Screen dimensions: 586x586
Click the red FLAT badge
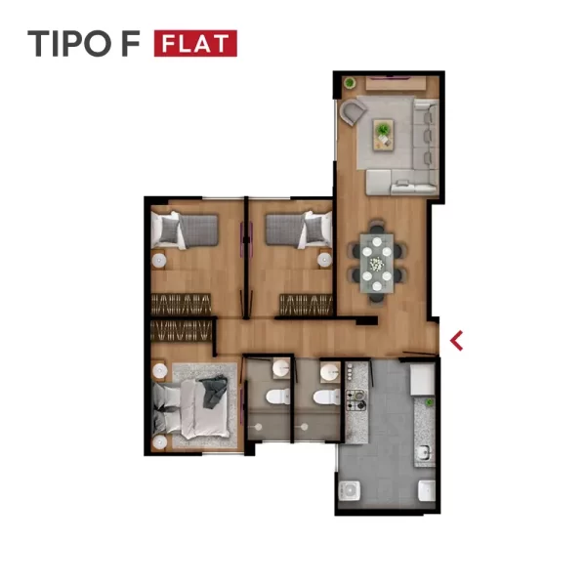(195, 43)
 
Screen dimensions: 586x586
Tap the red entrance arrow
(457, 341)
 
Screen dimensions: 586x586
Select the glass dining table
(377, 263)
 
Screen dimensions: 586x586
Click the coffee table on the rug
(383, 135)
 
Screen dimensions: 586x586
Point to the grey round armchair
(352, 111)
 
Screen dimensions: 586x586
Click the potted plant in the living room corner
(350, 83)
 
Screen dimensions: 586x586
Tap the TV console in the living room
(396, 83)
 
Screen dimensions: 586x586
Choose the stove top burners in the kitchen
(356, 400)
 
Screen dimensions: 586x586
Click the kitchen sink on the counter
(424, 453)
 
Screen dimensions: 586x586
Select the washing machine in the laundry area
(350, 490)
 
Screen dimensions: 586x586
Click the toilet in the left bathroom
(278, 397)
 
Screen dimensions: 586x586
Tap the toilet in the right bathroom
(326, 397)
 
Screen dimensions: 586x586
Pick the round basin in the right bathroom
(330, 372)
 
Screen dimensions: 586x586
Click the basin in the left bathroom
(281, 368)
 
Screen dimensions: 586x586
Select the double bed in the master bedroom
(191, 406)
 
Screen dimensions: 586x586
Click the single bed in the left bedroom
(185, 230)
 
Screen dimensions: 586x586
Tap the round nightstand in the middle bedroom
(324, 260)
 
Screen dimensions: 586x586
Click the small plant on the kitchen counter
(430, 402)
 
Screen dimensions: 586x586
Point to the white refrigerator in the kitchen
(422, 379)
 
